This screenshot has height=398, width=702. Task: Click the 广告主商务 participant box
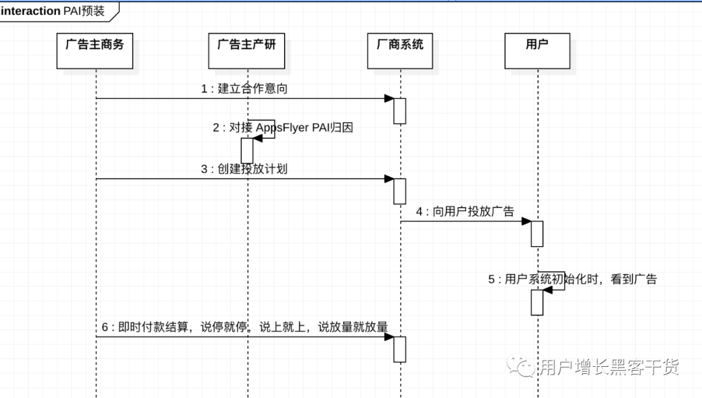point(95,51)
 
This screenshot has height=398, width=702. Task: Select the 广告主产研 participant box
point(246,51)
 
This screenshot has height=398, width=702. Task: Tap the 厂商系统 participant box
point(400,51)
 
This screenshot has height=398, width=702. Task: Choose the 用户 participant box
point(537,51)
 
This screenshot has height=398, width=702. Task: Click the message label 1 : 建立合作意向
point(244,89)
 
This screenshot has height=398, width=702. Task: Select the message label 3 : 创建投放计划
point(244,169)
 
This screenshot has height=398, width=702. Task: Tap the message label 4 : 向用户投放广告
point(465,212)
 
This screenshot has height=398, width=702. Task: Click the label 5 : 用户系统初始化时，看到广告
point(573,279)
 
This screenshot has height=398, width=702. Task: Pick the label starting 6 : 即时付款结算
point(244,327)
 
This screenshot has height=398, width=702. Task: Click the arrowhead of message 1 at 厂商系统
point(389,98)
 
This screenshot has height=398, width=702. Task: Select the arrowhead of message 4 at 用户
point(526,221)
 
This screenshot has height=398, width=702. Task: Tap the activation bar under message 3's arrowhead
point(400,191)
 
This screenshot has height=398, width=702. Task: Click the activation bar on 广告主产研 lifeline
point(247,151)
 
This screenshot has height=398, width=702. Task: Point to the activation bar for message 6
point(400,349)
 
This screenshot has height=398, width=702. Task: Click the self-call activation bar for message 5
point(537,302)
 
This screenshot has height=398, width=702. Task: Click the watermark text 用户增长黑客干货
point(609,367)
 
